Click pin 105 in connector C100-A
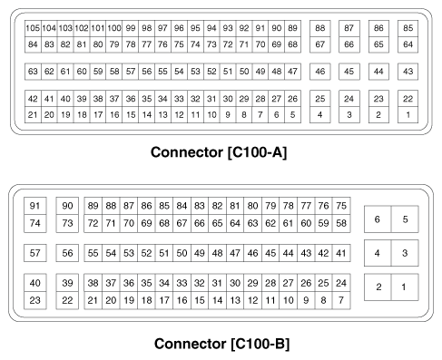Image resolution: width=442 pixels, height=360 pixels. pyautogui.click(x=33, y=29)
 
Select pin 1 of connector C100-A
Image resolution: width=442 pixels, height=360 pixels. pyautogui.click(x=408, y=114)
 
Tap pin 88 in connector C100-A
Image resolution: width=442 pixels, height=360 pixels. pyautogui.click(x=319, y=29)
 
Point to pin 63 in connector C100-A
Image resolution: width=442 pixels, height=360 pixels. pyautogui.click(x=33, y=71)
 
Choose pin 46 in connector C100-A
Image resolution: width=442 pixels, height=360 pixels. pyautogui.click(x=319, y=71)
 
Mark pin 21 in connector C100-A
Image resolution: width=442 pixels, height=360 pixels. pyautogui.click(x=33, y=114)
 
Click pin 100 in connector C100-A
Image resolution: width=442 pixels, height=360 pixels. pyautogui.click(x=114, y=29)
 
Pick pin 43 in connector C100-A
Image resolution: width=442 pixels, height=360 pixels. pyautogui.click(x=408, y=71)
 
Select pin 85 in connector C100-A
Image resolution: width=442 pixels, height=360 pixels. pyautogui.click(x=408, y=29)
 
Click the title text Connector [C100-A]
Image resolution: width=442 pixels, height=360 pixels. pyautogui.click(x=221, y=151)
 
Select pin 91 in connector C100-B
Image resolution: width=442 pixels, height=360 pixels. pyautogui.click(x=36, y=206)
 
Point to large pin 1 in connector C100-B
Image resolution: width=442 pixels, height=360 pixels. pyautogui.click(x=406, y=287)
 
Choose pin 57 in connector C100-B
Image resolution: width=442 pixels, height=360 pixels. pyautogui.click(x=36, y=253)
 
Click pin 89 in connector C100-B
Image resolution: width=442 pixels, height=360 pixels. pyautogui.click(x=93, y=206)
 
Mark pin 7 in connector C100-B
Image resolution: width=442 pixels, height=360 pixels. pyautogui.click(x=340, y=299)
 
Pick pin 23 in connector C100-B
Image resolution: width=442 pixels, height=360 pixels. pyautogui.click(x=36, y=299)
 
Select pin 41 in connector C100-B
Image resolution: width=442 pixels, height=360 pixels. pyautogui.click(x=340, y=253)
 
